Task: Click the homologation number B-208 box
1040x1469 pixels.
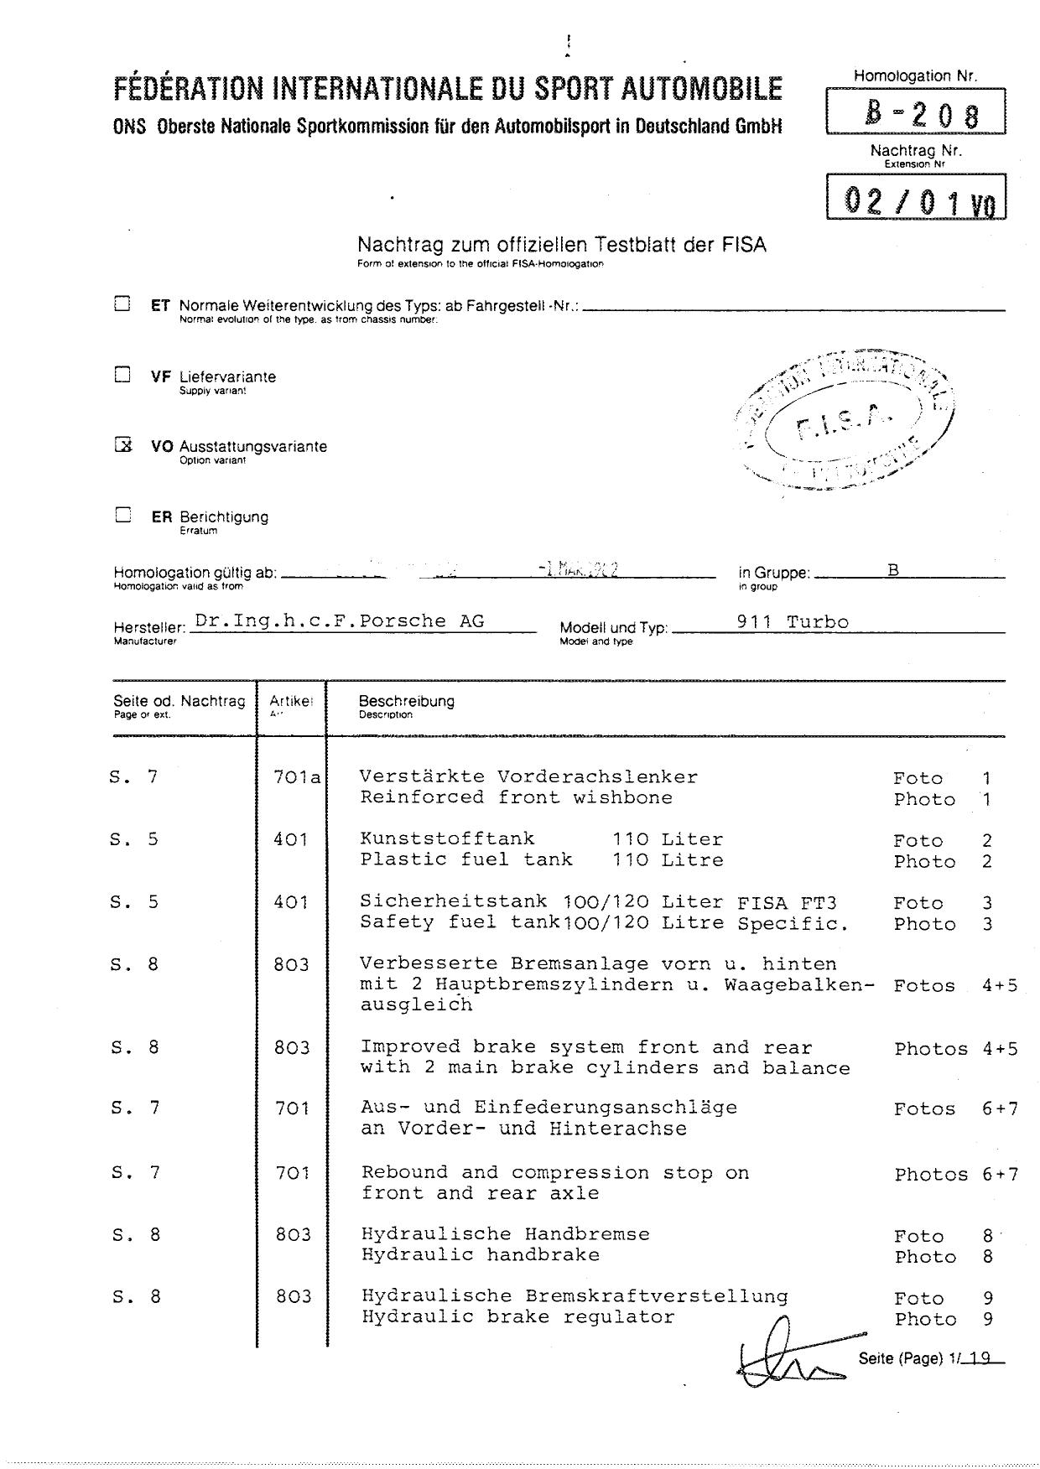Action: (x=915, y=112)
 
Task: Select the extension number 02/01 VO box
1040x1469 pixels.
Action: (x=916, y=198)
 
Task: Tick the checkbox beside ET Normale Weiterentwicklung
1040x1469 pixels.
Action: (x=122, y=304)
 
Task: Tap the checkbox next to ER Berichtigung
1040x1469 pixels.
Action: (x=122, y=515)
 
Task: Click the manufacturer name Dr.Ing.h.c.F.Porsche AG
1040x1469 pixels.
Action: (x=339, y=621)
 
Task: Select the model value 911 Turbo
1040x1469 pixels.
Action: (x=792, y=622)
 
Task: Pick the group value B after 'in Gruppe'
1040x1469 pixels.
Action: (x=893, y=570)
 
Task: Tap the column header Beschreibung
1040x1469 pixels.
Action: (x=406, y=701)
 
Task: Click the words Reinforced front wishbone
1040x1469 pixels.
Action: (x=516, y=797)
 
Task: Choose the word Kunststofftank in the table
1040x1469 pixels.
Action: (x=447, y=838)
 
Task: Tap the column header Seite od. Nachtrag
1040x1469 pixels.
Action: (x=179, y=701)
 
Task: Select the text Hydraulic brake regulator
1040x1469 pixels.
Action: (x=517, y=1317)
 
